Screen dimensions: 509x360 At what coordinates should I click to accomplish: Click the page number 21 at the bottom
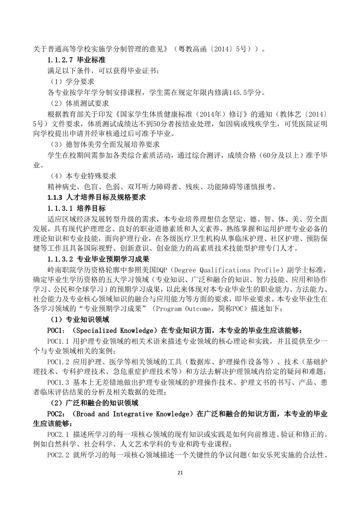click(x=180, y=473)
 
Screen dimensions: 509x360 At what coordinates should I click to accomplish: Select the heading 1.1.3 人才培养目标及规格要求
click(x=96, y=198)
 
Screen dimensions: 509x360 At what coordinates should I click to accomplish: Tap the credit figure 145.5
click(x=241, y=93)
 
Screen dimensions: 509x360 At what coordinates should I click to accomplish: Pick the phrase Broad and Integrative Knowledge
click(x=133, y=414)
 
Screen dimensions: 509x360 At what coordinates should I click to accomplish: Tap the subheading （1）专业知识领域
click(x=78, y=320)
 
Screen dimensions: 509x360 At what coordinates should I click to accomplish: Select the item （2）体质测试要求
click(x=78, y=103)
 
